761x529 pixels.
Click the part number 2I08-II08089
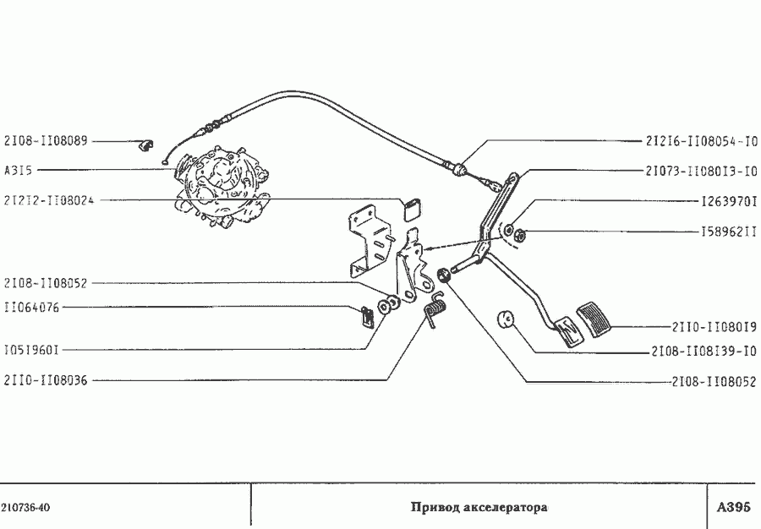47,141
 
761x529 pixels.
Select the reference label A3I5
19,170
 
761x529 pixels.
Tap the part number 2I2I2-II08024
49,200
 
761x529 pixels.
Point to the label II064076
31,308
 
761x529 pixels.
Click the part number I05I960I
31,350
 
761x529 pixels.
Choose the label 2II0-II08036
47,380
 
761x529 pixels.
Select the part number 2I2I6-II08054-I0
701,141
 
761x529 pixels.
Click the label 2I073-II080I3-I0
701,172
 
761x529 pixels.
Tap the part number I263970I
729,201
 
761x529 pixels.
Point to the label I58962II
729,232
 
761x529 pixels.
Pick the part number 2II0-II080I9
714,327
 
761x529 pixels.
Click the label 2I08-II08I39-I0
704,351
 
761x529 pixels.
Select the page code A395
733,507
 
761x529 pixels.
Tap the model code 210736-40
26,508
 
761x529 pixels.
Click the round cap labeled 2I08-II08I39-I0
506,319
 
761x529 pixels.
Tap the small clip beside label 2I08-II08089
145,145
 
